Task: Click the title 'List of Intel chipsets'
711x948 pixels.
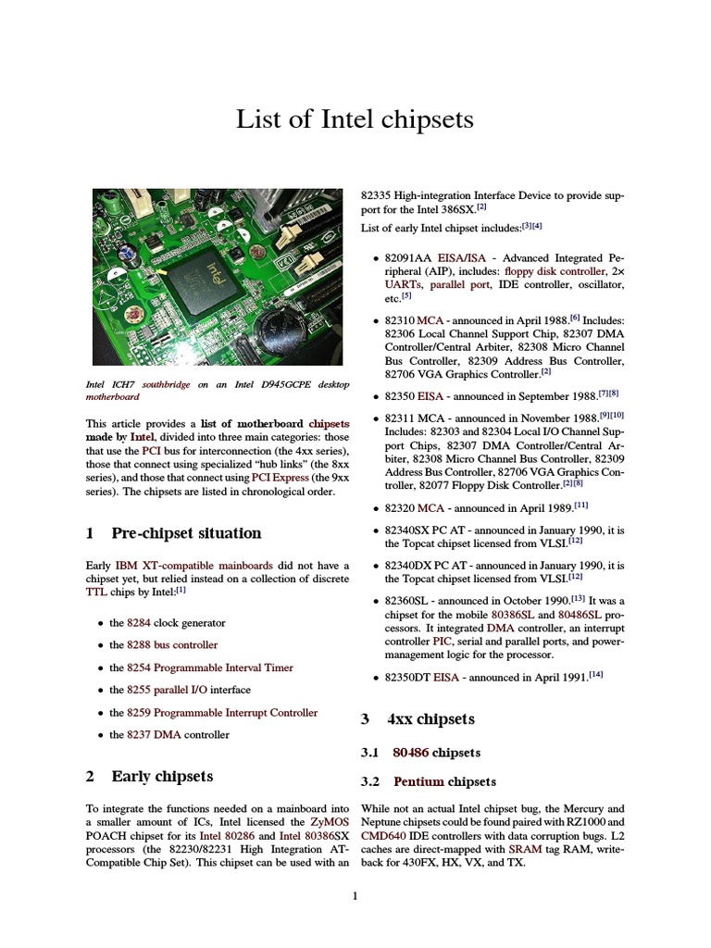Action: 355,118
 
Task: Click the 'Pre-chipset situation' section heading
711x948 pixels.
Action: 186,533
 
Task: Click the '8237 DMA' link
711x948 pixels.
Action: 153,735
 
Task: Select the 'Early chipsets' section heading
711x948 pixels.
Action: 162,777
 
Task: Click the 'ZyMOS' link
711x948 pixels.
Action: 330,822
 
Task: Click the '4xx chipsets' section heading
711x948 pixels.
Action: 430,719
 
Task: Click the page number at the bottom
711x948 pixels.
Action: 355,895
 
